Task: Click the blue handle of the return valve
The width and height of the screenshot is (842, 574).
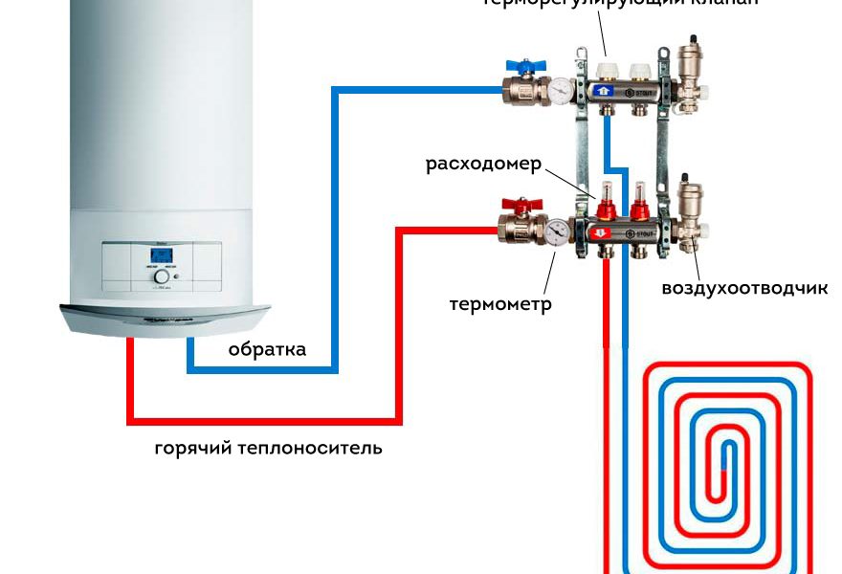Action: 522,68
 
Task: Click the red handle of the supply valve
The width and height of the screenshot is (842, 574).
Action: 522,204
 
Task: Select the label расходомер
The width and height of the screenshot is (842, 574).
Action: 483,164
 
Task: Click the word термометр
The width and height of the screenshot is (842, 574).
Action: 500,305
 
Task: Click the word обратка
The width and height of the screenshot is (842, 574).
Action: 267,349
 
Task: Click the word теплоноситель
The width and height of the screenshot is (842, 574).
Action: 311,447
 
